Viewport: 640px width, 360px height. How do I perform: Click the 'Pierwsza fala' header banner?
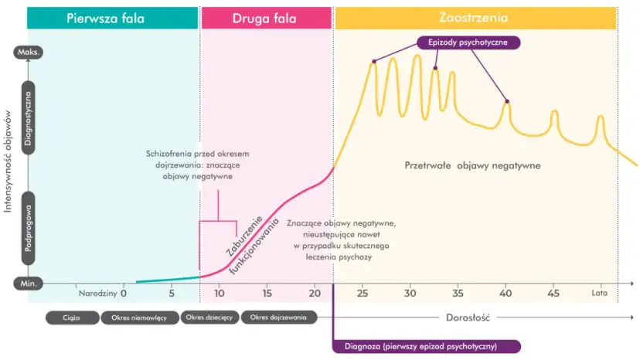pos(112,18)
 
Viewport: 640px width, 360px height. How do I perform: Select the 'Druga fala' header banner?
pos(266,18)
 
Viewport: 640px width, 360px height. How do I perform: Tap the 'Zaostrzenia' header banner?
pos(475,18)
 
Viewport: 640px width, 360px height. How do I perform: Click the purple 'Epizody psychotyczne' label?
pos(468,42)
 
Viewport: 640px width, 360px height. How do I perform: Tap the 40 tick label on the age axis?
pos(506,294)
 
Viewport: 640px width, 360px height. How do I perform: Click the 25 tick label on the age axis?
pos(363,294)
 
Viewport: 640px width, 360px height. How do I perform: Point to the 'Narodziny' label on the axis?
pos(97,294)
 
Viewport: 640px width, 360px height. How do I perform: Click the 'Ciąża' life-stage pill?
pos(72,318)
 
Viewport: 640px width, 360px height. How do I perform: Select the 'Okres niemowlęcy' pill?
pos(139,318)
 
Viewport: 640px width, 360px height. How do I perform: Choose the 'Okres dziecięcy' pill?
pos(209,318)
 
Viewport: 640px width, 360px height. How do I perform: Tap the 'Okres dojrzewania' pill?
pos(278,318)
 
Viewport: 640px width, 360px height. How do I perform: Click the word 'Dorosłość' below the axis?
pos(468,318)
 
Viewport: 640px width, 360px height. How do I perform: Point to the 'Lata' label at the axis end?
pos(600,294)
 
